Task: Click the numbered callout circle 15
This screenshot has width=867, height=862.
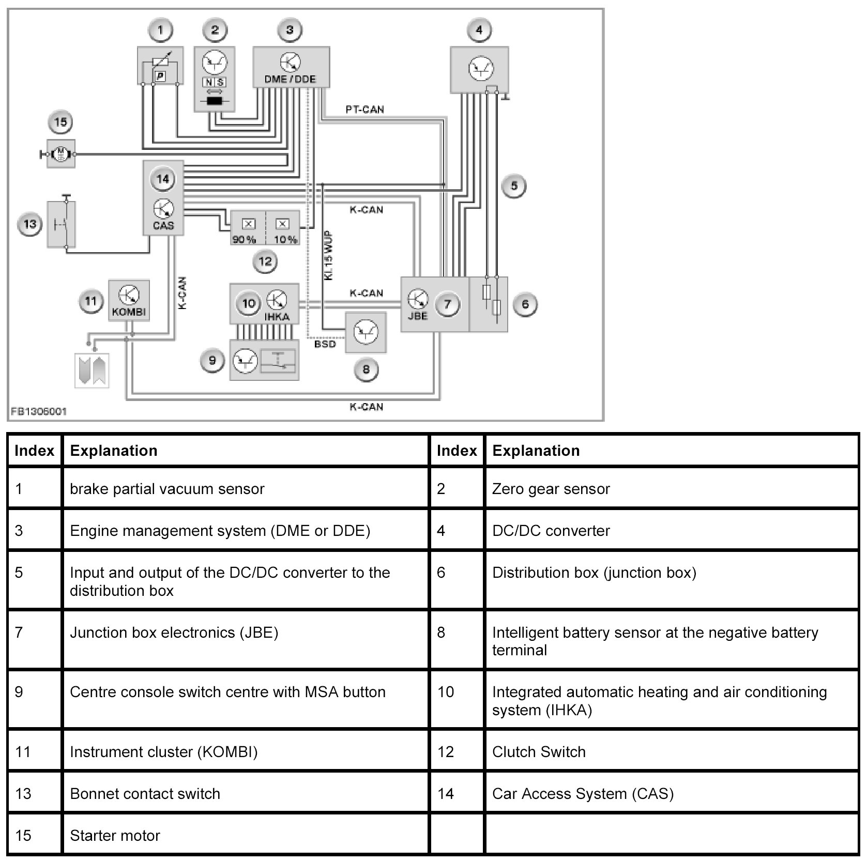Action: tap(60, 122)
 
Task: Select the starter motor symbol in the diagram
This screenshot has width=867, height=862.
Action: tap(61, 153)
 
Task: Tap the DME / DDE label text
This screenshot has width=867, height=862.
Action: tap(290, 80)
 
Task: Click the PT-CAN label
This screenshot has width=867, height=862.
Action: tap(364, 110)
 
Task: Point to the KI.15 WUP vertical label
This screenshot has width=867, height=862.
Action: tap(328, 256)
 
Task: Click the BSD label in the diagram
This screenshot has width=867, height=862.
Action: tap(325, 344)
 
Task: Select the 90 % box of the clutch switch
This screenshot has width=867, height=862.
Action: tap(248, 227)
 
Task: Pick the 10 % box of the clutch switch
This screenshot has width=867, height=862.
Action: tap(283, 227)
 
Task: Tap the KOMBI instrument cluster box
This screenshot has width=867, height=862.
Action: tap(129, 301)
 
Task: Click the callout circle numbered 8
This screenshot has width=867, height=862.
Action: tap(366, 370)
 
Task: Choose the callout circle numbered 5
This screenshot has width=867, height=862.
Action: tap(513, 186)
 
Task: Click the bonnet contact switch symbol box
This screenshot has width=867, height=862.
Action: tap(62, 224)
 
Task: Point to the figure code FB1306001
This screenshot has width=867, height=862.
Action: tap(39, 412)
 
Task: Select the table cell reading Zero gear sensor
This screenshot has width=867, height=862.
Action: tap(551, 489)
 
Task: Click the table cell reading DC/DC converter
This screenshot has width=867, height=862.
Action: tap(551, 531)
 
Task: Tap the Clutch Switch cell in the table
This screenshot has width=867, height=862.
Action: tap(539, 752)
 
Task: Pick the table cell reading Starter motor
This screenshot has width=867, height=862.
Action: tap(115, 836)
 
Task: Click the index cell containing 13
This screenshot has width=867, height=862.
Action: tap(23, 794)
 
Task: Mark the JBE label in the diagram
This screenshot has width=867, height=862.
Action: tap(417, 315)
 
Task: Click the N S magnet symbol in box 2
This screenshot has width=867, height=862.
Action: tap(214, 82)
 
